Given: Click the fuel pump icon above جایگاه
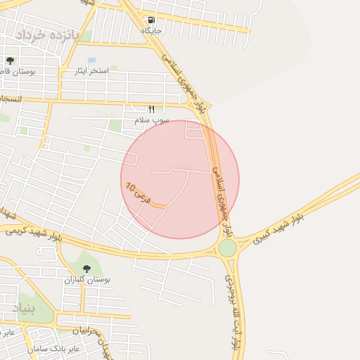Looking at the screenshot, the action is (151, 20).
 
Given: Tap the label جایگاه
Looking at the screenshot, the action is (151, 31).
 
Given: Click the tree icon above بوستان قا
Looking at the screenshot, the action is (9, 61).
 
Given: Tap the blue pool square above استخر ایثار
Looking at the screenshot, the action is (91, 60).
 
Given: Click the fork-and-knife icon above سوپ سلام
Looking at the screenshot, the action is (150, 109).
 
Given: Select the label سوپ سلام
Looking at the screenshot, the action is (151, 120).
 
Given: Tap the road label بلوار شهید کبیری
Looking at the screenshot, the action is (278, 229).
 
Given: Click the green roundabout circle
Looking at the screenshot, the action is (227, 247).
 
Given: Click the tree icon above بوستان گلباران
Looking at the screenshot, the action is (86, 269).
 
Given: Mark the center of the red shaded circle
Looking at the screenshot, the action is (180, 179).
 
